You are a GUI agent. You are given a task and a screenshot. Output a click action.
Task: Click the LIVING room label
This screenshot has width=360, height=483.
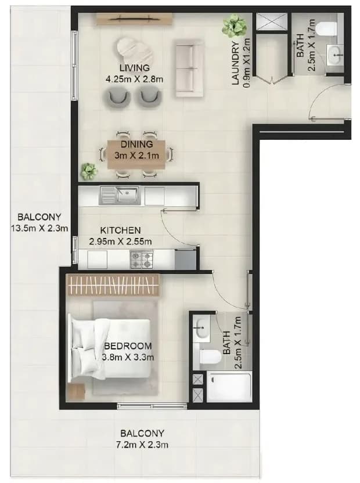tap(134, 67)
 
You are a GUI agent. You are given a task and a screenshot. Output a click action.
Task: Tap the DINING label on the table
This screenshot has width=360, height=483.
tap(136, 144)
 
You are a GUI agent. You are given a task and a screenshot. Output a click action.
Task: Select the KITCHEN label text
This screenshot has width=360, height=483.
tap(121, 230)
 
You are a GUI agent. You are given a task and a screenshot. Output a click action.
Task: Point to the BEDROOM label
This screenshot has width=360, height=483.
tap(128, 346)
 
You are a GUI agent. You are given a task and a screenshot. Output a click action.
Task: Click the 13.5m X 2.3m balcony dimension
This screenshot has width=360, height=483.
tap(39, 229)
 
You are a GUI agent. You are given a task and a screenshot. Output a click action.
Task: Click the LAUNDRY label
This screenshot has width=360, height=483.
tap(236, 63)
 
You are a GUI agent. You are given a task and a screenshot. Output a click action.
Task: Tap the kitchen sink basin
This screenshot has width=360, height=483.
tap(127, 195)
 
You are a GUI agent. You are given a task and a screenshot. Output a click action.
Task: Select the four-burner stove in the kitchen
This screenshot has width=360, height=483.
tap(142, 259)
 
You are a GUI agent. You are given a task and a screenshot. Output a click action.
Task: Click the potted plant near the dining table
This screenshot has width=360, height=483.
tap(89, 172)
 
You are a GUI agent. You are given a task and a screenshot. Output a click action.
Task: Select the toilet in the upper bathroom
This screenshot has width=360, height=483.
tap(327, 28)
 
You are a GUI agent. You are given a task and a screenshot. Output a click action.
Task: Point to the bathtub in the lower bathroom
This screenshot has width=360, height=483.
tap(229, 386)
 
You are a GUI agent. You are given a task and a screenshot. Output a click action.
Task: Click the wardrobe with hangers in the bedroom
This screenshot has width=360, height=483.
tap(114, 285)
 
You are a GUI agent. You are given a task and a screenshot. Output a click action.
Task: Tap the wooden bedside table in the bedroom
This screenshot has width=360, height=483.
tap(76, 392)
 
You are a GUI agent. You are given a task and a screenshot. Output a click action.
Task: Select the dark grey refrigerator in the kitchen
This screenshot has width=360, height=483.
tap(186, 259)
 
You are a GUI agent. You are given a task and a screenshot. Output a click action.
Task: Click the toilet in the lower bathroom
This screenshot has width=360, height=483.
tap(211, 358)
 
